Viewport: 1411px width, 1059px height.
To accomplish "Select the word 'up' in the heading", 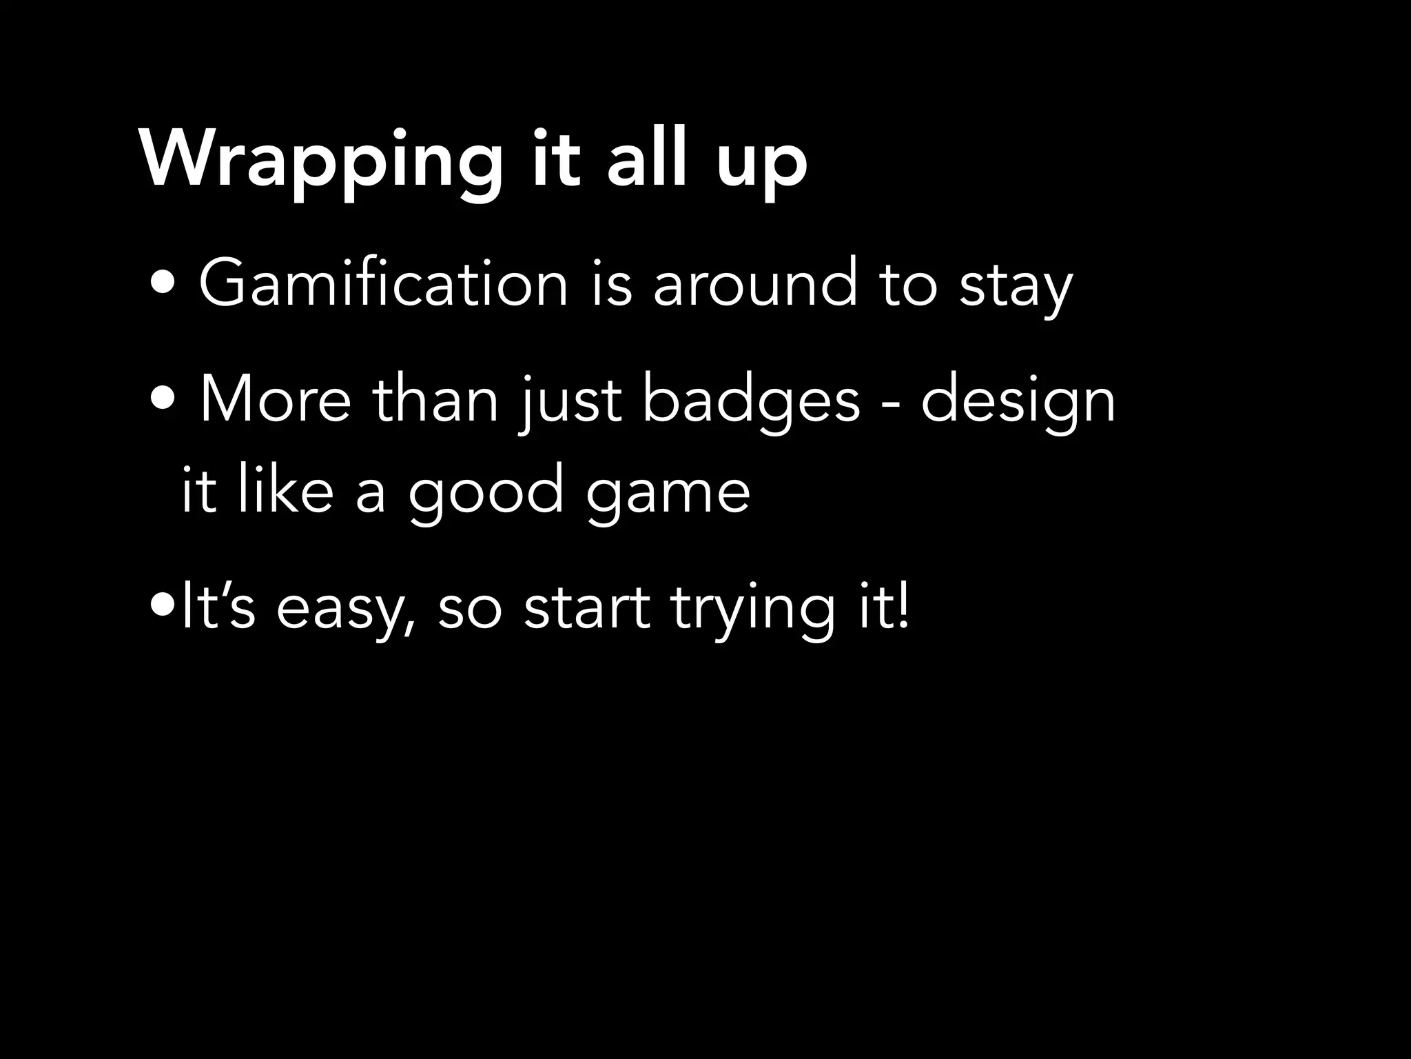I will tap(762, 165).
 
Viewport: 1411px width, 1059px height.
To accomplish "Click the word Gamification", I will tap(383, 283).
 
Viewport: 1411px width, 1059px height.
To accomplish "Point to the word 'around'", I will tap(755, 283).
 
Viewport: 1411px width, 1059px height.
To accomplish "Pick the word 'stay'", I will tap(1016, 288).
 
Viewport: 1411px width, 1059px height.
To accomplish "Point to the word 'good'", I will tap(486, 495).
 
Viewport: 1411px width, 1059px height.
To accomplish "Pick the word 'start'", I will tap(586, 608).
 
